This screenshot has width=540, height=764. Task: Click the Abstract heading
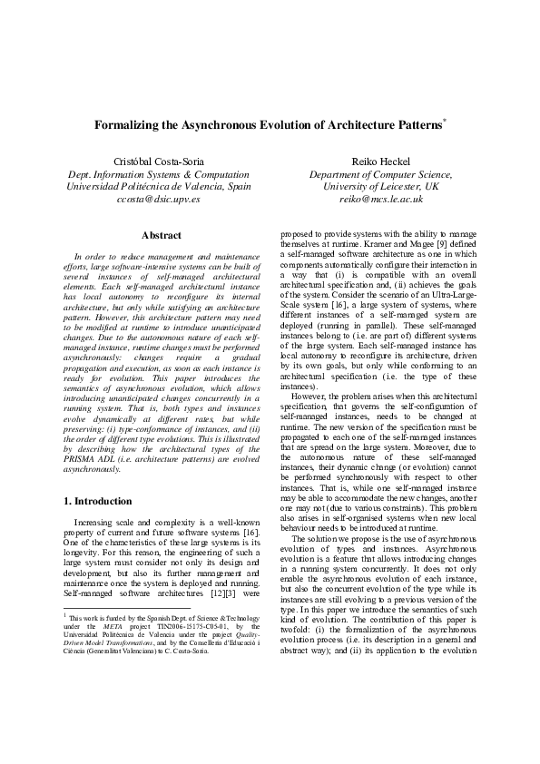pyautogui.click(x=162, y=235)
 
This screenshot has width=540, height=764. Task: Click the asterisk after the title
pyautogui.click(x=445, y=119)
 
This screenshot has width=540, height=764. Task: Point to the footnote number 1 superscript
pyautogui.click(x=65, y=613)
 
